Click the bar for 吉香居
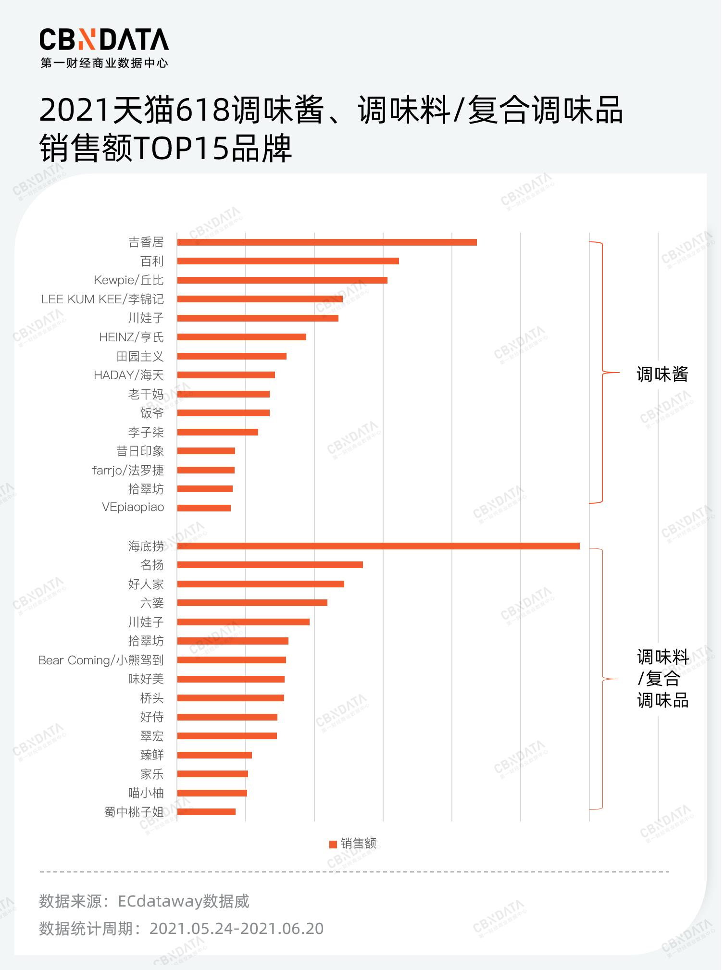click(x=327, y=242)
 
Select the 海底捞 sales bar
click(x=378, y=546)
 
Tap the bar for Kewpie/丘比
click(x=282, y=280)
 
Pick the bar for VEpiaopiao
click(x=204, y=508)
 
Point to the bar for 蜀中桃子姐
click(x=206, y=812)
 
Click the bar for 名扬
click(x=270, y=565)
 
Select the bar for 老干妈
click(x=223, y=394)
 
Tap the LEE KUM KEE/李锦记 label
click(x=102, y=299)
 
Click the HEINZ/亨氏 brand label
click(x=131, y=337)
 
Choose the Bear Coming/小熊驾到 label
click(x=101, y=660)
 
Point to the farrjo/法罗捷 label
click(x=128, y=470)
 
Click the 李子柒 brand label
click(x=146, y=432)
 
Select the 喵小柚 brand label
click(x=146, y=793)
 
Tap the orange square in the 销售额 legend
click(x=333, y=844)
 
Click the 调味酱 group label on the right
click(x=662, y=374)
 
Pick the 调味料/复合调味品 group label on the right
click(x=662, y=679)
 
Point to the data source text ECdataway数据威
click(x=183, y=901)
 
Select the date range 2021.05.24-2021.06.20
click(x=237, y=929)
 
